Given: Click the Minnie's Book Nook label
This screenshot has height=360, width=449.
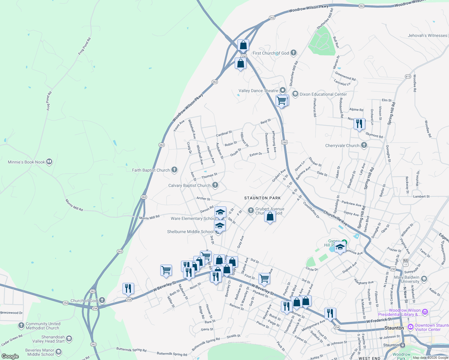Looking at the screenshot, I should tap(26, 162).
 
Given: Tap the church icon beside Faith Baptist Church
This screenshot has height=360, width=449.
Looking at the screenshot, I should tap(174, 170).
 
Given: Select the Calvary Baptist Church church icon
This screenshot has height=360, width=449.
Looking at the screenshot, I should tap(215, 185).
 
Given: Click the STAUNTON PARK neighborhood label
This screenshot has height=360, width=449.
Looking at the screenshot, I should tap(262, 198).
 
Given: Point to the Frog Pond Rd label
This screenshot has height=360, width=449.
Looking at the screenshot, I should tap(84, 46).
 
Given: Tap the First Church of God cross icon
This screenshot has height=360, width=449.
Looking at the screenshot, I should tap(294, 53).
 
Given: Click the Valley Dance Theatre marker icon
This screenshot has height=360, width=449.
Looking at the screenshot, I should tap(282, 90).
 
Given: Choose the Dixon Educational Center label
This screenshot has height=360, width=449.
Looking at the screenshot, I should tap(323, 94).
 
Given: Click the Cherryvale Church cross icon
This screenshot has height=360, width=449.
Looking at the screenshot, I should tap(364, 145).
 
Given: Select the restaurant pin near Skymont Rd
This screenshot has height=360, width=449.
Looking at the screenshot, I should tap(359, 124).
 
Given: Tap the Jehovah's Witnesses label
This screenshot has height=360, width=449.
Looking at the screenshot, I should tap(427, 35).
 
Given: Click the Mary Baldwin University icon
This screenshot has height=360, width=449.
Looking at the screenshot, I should tap(424, 279).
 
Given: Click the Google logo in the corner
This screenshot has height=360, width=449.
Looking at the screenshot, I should tap(10, 356).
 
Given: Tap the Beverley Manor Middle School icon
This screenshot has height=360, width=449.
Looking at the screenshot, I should tap(59, 352).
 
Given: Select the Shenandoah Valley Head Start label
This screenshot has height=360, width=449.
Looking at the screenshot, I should tap(48, 339).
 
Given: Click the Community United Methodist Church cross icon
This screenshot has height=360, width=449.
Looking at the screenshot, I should tap(21, 325).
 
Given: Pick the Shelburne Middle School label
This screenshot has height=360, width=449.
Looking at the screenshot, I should tap(190, 232).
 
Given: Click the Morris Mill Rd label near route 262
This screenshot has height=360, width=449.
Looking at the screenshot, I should tap(149, 217).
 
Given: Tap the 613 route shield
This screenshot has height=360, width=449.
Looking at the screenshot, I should tap(408, 76).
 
